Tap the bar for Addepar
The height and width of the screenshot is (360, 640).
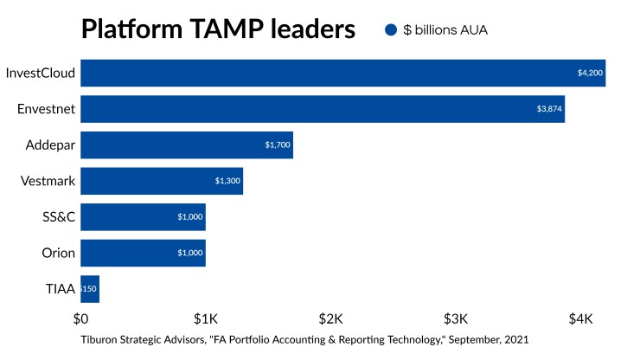[x=187, y=145]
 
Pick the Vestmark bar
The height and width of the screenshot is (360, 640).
[x=162, y=181]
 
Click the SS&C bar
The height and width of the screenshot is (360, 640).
[x=143, y=217]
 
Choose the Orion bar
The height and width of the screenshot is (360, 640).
[x=143, y=254]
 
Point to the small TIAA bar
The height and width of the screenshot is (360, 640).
[x=90, y=289]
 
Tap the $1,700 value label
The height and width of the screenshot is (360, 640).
[x=278, y=145]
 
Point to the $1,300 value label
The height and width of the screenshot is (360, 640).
[x=227, y=181]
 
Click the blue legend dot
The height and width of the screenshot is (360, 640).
[x=390, y=29]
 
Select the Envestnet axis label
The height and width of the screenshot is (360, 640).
[x=46, y=109]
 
